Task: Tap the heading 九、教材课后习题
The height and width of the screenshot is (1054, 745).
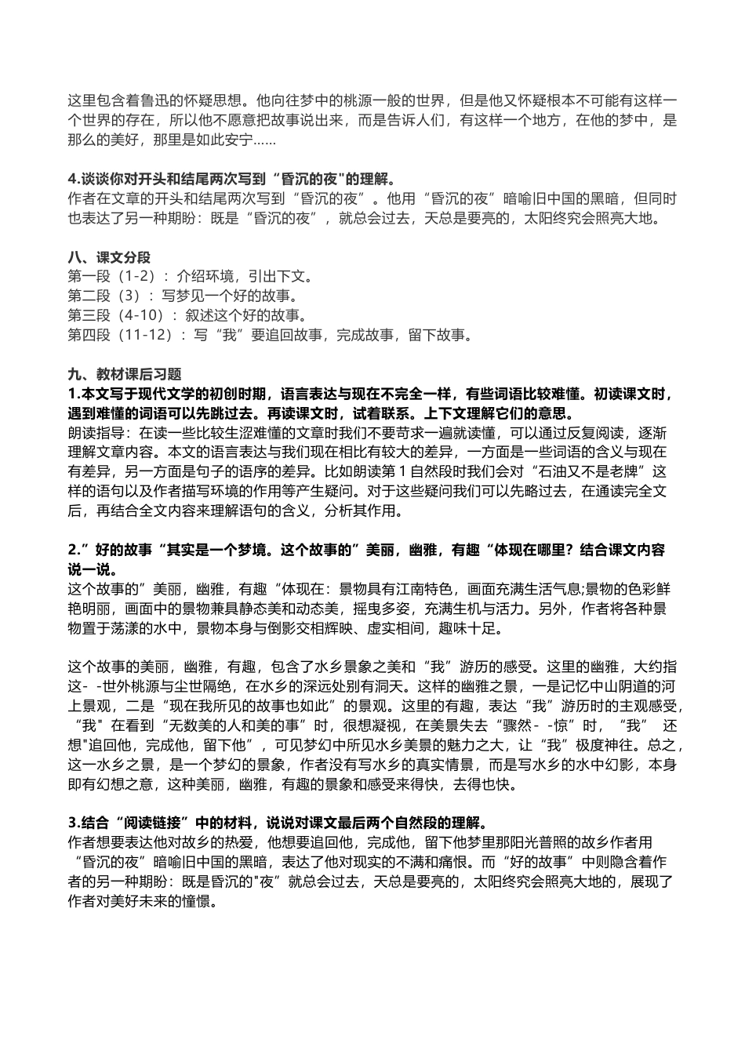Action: tap(125, 374)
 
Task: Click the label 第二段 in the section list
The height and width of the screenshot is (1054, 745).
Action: tap(88, 296)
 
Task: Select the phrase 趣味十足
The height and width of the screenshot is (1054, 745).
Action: tap(482, 627)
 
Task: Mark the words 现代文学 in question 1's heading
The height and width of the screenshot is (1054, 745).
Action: tap(176, 394)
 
